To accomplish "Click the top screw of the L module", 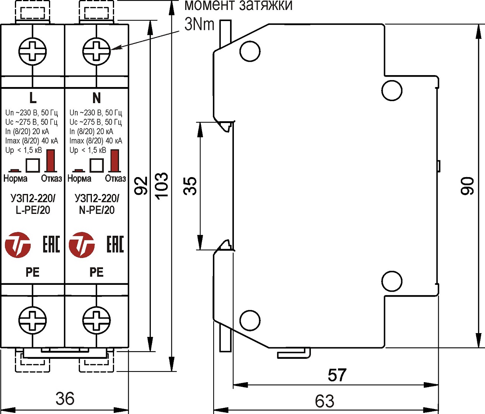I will click(x=33, y=51).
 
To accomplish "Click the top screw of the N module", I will click(x=96, y=51).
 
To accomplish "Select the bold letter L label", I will click(x=33, y=98).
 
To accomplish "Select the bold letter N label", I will click(x=96, y=98).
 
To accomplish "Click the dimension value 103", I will click(x=162, y=186).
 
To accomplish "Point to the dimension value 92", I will click(x=141, y=186).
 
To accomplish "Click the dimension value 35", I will click(x=190, y=186).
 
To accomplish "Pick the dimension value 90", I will click(x=467, y=186).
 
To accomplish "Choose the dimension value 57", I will click(x=337, y=375).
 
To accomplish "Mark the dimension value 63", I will click(x=325, y=401).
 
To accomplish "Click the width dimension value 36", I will click(x=65, y=399).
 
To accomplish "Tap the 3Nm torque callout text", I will click(x=199, y=24).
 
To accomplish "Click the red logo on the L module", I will click(x=18, y=245).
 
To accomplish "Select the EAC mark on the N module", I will click(x=115, y=245).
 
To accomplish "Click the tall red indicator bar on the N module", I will click(x=114, y=160).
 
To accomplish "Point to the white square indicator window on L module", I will click(x=33, y=165).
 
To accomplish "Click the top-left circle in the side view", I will click(x=250, y=51).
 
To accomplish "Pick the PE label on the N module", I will click(x=96, y=272).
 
